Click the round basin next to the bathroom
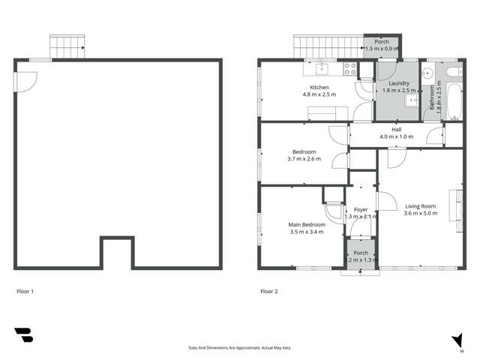click(428, 73)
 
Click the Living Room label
click(420, 206)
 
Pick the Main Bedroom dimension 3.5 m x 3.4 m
click(307, 232)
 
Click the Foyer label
click(361, 209)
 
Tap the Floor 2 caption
click(268, 291)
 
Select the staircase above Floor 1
click(67, 46)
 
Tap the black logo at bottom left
click(23, 335)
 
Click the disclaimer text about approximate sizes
click(240, 348)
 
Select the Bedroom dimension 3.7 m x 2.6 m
click(304, 159)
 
